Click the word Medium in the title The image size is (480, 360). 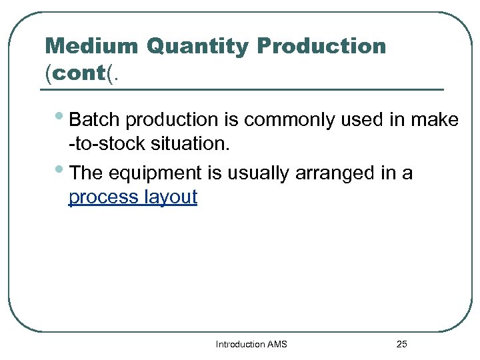coord(91,46)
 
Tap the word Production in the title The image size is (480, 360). coord(321,46)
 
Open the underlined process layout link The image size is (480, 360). coord(133,197)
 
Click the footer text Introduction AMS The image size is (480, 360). coord(251,344)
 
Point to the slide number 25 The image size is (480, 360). coord(401,344)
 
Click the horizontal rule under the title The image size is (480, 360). coord(244,89)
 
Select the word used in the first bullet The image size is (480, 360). coord(355,120)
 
